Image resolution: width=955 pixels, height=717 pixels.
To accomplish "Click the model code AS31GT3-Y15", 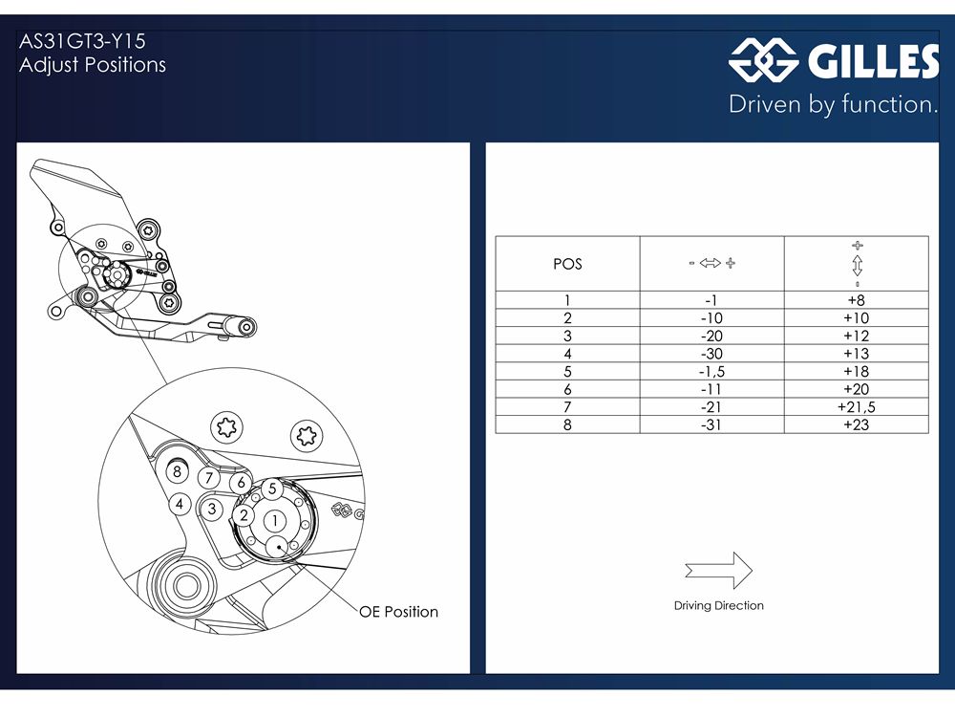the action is coord(82,41).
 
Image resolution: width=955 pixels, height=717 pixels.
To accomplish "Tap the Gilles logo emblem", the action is coord(764,59).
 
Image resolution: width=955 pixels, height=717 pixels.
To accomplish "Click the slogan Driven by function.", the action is coord(833,104).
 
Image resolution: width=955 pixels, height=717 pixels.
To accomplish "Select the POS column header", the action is coord(567,264).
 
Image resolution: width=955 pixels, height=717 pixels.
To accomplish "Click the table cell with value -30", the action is coord(711,354).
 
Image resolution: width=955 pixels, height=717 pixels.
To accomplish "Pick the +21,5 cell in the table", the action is coord(857,407).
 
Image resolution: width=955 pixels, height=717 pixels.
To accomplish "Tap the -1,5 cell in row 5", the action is coord(711,371).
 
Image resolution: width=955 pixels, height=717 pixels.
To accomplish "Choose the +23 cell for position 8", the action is coord(857,425).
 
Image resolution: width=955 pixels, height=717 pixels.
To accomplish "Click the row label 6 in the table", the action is coord(567,389).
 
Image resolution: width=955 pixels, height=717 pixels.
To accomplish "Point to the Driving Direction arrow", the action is coord(719,571).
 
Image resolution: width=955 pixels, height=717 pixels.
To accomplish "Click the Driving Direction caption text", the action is coord(719,605).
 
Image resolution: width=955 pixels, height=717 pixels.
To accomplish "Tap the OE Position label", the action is coord(398,612).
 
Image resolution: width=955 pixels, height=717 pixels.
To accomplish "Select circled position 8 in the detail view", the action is coord(178,471).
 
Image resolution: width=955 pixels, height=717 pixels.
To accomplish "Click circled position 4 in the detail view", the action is coord(180,504).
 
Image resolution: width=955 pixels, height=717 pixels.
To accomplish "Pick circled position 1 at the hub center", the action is coord(275,521).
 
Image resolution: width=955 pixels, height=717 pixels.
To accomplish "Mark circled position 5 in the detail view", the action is coord(272,489).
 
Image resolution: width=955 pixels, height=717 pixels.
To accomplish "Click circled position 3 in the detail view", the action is coord(212,510).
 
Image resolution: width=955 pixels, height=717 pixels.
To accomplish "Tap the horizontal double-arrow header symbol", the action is coord(711,263).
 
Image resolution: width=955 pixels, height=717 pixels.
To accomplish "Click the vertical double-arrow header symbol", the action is coord(857,265).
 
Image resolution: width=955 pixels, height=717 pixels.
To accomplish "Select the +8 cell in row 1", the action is coord(857,300).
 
